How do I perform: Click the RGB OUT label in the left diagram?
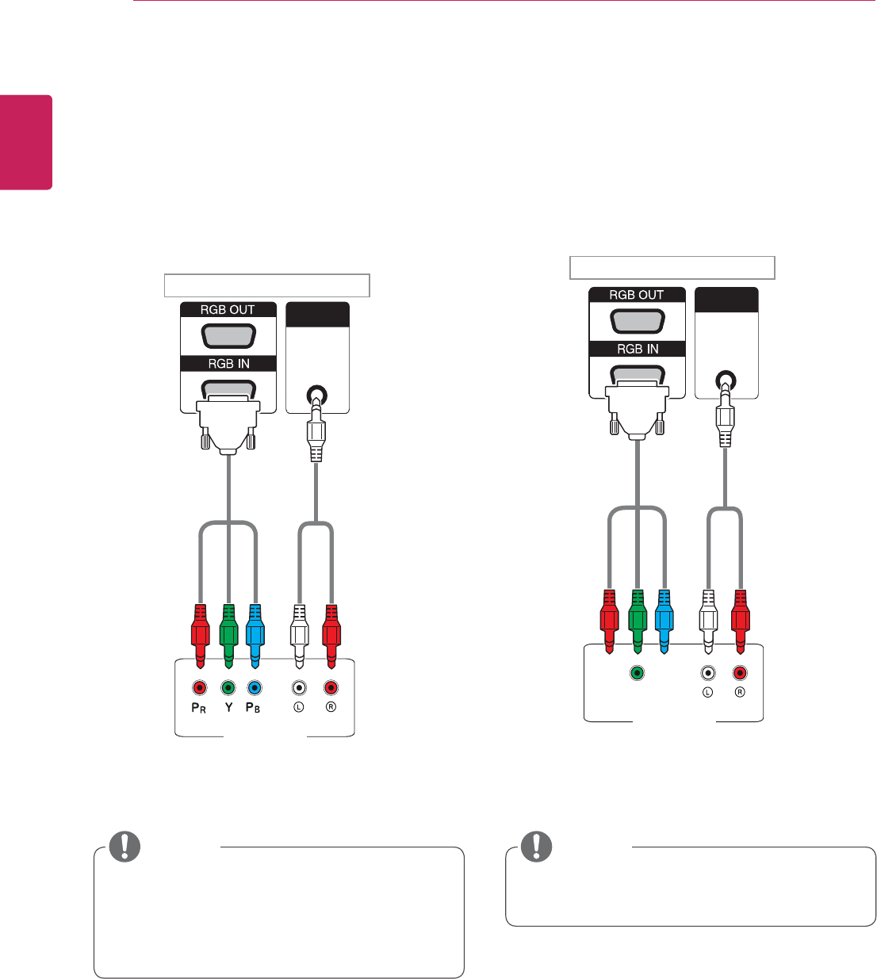pos(228,310)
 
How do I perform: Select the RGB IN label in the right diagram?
pos(638,349)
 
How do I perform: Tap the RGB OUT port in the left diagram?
pos(228,336)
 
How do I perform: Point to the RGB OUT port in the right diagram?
pos(637,321)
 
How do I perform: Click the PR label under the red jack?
pos(199,707)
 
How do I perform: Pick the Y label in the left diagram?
pos(228,707)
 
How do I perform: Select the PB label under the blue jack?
pos(253,707)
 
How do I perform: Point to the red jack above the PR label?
pos(200,687)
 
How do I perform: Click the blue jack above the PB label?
pos(254,687)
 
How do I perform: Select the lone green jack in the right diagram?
pos(637,673)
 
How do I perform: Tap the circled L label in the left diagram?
pos(299,707)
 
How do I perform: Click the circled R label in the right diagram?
pos(740,692)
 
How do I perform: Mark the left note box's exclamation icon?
pos(124,847)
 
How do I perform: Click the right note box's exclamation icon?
pos(536,847)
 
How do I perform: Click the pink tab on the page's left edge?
pos(26,143)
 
